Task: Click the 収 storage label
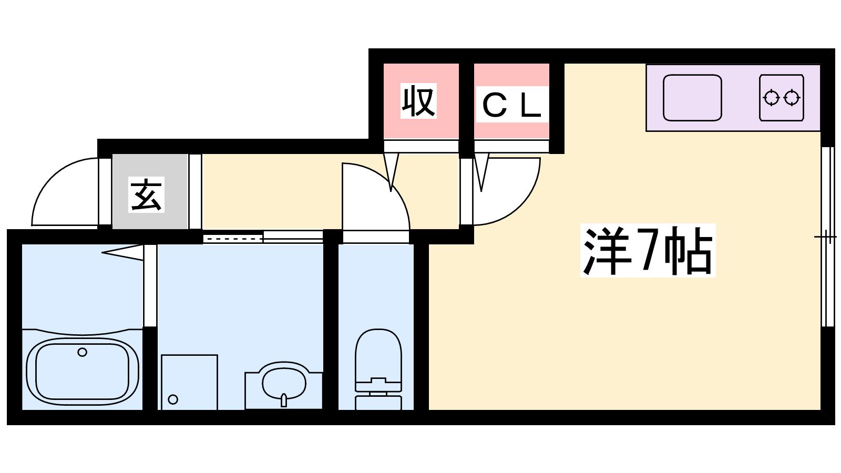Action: [418, 101]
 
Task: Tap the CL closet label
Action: [512, 105]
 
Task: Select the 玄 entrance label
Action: [146, 195]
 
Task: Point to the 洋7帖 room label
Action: [648, 251]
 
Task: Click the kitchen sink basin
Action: [692, 98]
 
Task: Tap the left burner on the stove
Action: [772, 98]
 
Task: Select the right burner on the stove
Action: [792, 98]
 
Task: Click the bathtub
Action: [83, 371]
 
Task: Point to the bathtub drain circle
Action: [82, 352]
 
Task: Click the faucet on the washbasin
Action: [284, 400]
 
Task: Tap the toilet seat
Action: [378, 355]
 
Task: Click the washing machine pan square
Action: [189, 382]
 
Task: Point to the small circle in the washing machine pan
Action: [173, 399]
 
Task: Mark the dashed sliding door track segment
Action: [233, 239]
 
